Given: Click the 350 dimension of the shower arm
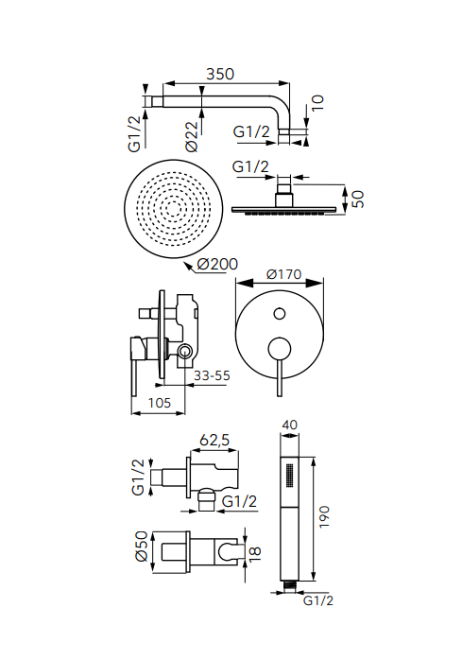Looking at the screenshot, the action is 219,74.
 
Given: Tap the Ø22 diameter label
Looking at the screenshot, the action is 192,137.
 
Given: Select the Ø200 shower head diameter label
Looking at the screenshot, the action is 217,265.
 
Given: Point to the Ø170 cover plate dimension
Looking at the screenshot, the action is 284,274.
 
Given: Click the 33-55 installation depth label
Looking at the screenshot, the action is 212,375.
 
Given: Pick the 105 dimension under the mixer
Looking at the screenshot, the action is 160,403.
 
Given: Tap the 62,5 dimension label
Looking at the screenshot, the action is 214,441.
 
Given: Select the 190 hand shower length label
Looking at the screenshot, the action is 324,517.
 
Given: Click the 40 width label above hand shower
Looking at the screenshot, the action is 289,425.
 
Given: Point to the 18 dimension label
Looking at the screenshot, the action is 254,553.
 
